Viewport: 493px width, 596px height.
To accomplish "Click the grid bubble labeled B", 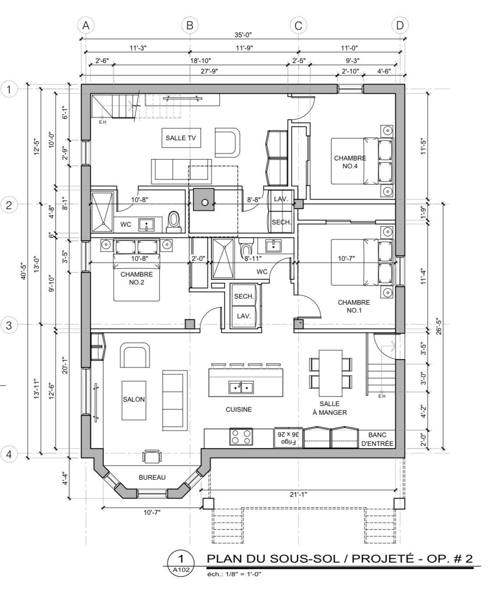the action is coord(190,26).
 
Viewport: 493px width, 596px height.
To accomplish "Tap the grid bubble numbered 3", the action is coord(9,325).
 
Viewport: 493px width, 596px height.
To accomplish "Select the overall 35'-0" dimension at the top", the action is coord(243,35).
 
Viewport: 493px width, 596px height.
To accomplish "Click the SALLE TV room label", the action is coord(181,138).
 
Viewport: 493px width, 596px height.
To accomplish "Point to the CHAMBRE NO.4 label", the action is coord(350,162).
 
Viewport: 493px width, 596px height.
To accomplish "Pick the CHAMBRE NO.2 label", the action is coord(136,278).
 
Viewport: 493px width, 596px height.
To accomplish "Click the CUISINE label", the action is coord(238,409).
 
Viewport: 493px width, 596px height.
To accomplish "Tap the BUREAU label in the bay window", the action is coord(152,477).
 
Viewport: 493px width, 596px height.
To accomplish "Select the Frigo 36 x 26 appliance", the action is coord(288,437).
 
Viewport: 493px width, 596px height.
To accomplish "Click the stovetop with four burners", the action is coord(241,437).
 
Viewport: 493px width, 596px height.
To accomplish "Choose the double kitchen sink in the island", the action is coord(241,388).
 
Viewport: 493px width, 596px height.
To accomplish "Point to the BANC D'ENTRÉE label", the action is coord(377,439).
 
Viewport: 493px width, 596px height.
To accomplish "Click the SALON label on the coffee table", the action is coord(134,400).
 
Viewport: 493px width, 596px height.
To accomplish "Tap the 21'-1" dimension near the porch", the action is coord(298,494).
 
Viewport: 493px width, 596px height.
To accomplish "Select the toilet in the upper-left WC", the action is coord(174,222).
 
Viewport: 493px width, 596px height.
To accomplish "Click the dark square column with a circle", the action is coord(204,200).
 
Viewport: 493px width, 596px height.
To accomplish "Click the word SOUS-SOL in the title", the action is coord(305,559).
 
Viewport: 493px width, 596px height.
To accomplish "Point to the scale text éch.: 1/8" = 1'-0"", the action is coord(234,574).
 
